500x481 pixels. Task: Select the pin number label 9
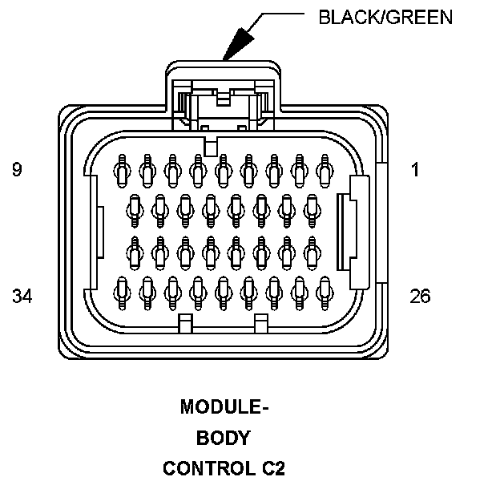(17, 170)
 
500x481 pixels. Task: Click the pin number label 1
(414, 170)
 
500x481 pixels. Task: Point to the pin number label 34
(22, 297)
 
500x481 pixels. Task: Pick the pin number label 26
(420, 297)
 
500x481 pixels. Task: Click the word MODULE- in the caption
(224, 407)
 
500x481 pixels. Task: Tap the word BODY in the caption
(224, 438)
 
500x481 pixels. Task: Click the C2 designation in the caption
(272, 467)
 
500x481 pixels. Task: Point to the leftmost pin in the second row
(134, 209)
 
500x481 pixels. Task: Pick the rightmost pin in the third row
(312, 253)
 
